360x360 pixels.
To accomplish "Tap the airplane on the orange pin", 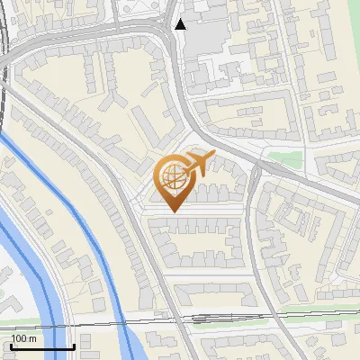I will (x=196, y=164).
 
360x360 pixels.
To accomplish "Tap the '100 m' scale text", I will (x=23, y=338).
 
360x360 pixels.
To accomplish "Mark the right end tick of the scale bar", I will (x=73, y=345).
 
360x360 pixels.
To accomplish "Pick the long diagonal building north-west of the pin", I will (x=149, y=127).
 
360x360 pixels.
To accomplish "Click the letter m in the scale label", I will (x=32, y=338).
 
